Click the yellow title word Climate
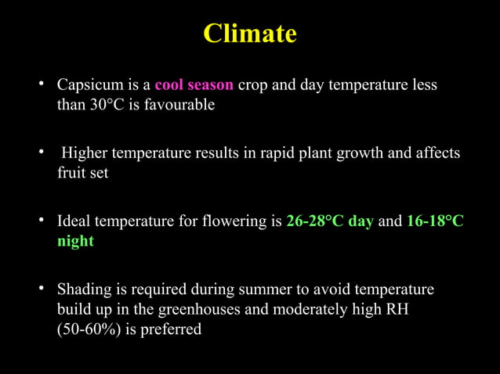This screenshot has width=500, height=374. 250,34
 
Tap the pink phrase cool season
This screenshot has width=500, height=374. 194,85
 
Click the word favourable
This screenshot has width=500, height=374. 179,105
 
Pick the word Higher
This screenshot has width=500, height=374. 86,153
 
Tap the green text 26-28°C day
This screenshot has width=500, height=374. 330,221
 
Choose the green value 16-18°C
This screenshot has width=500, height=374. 435,221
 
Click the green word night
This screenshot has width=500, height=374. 75,242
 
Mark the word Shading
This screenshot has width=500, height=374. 86,290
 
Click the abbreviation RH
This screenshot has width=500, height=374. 393,310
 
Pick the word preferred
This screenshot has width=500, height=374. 171,330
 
